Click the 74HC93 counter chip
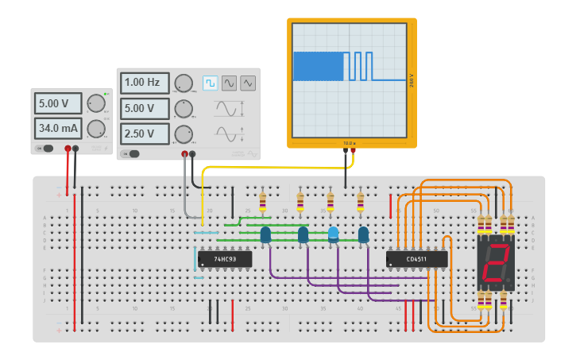pyautogui.click(x=225, y=258)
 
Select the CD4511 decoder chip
pyautogui.click(x=416, y=259)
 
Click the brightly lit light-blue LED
pyautogui.click(x=334, y=234)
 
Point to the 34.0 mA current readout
pyautogui.click(x=57, y=128)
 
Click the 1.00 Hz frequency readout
pyautogui.click(x=144, y=83)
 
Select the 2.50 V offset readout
pyautogui.click(x=144, y=134)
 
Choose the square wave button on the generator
pyautogui.click(x=210, y=83)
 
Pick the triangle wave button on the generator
pyautogui.click(x=248, y=83)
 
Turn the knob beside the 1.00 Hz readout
pyautogui.click(x=184, y=83)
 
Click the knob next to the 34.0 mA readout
pyautogui.click(x=96, y=128)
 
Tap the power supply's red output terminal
pyautogui.click(x=68, y=149)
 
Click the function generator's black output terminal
pyautogui.click(x=192, y=154)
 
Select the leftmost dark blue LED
pyautogui.click(x=265, y=234)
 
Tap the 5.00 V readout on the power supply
pyautogui.click(x=57, y=103)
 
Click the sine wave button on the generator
pyautogui.click(x=229, y=83)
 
